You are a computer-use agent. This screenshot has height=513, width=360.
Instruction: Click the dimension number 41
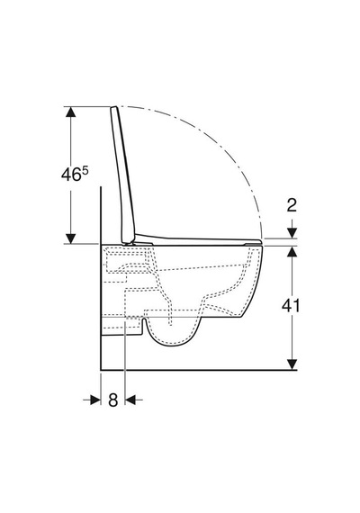pos(291,306)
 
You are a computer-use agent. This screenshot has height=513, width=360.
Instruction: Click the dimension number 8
pos(112,400)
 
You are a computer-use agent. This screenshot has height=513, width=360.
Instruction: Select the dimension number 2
pos(292,205)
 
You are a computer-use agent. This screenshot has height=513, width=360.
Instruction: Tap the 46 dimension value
pos(71,175)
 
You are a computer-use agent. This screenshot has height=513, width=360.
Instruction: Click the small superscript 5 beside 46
pos(85,171)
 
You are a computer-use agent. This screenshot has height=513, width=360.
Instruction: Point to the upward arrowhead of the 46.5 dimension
pos(71,112)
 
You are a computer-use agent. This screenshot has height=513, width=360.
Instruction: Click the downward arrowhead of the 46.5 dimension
pos(71,238)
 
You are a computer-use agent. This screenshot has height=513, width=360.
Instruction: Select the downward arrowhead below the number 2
pos(292,233)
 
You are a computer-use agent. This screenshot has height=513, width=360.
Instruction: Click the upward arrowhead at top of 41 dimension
pos(292,251)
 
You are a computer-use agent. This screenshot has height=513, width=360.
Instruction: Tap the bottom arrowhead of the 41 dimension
pos(292,364)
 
